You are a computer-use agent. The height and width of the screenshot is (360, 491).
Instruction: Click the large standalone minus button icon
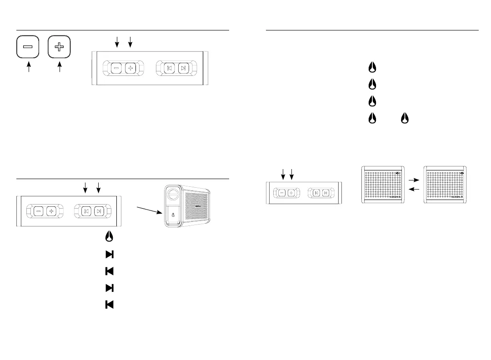click(28, 47)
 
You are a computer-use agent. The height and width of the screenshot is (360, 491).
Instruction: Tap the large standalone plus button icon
click(59, 47)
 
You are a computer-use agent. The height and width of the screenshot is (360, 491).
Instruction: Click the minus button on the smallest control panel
click(282, 193)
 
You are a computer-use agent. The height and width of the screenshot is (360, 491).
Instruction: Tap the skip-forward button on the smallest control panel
click(326, 193)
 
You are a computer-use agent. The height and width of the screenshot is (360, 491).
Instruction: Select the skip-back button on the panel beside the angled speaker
click(86, 211)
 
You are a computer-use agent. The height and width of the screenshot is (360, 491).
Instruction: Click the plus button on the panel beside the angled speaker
click(50, 211)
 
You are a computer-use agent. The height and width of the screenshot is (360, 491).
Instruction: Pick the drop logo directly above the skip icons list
click(109, 237)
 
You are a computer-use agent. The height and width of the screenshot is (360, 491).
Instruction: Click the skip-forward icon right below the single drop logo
click(109, 254)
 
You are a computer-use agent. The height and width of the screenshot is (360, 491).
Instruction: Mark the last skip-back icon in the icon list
click(109, 305)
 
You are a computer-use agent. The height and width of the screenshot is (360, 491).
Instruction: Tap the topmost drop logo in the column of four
click(372, 68)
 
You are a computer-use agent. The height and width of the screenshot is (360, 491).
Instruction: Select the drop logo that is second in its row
click(404, 119)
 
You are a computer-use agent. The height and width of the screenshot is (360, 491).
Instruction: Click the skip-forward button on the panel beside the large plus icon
click(183, 69)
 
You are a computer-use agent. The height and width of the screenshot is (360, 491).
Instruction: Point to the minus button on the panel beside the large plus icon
click(116, 69)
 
